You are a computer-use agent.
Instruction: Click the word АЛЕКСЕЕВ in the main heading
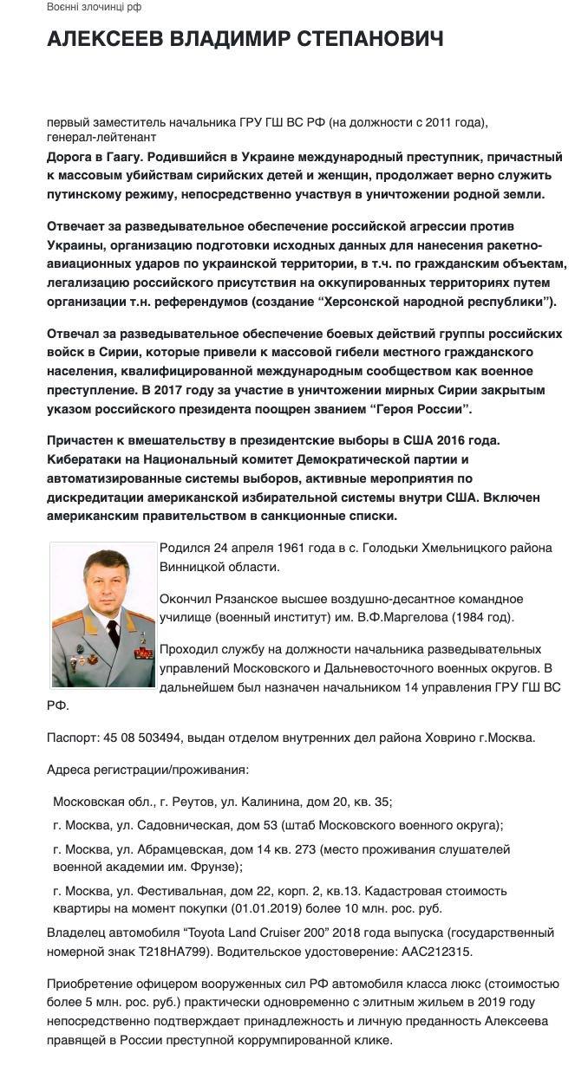pos(104,39)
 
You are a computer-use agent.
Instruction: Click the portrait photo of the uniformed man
pos(103,614)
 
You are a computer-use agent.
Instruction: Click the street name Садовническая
pos(197,826)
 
